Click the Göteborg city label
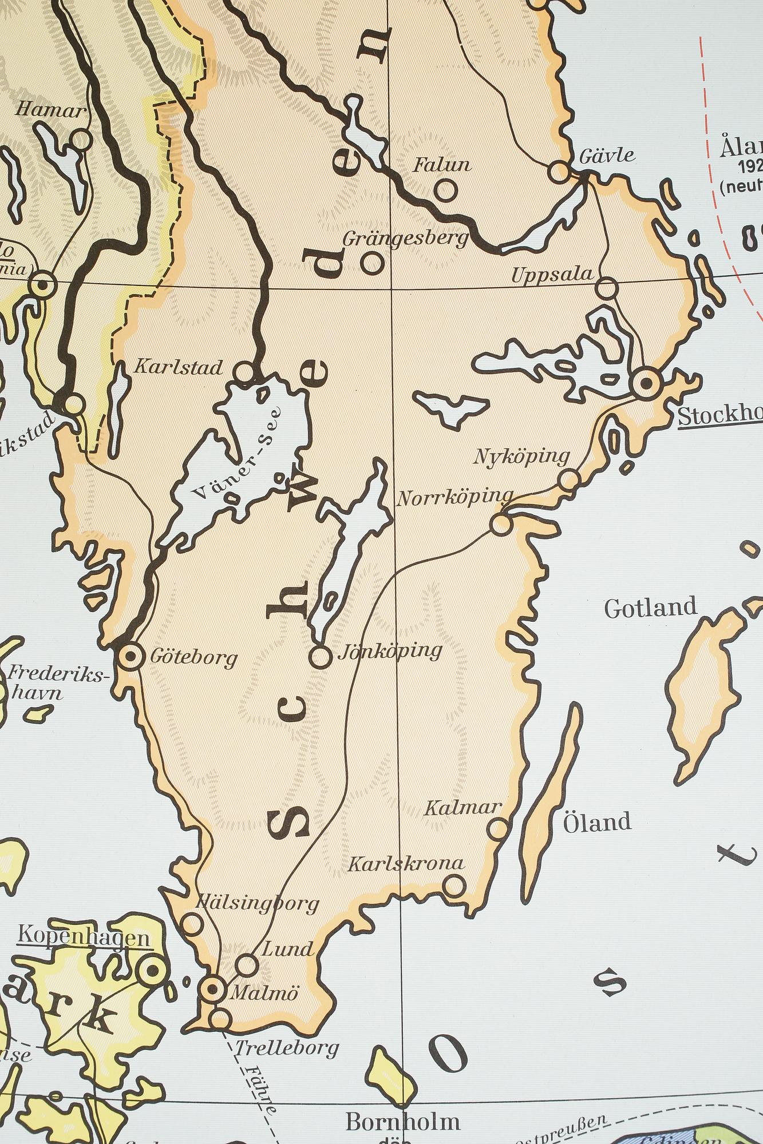click(193, 658)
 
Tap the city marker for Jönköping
click(321, 657)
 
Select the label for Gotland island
click(651, 607)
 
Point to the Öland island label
click(597, 822)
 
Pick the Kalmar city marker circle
click(499, 828)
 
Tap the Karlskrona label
click(406, 863)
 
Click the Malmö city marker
click(212, 987)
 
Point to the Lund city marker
click(247, 965)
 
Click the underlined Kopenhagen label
click(84, 938)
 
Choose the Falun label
click(442, 165)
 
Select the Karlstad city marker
click(245, 372)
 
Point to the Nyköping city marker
click(569, 479)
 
